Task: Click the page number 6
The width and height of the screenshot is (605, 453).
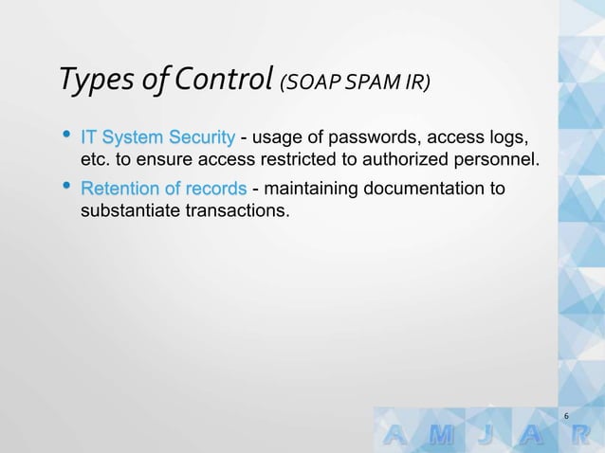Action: pyautogui.click(x=566, y=417)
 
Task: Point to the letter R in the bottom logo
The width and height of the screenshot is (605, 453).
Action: pyautogui.click(x=593, y=436)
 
